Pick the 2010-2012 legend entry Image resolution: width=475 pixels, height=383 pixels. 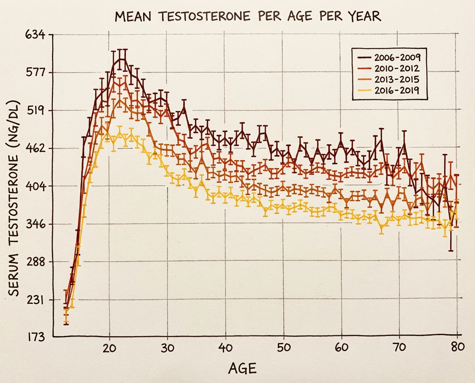point(395,68)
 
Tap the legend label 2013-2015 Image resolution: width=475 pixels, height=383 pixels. point(395,79)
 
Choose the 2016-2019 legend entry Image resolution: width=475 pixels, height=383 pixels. point(395,90)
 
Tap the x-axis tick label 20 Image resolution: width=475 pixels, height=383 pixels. point(109,348)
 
